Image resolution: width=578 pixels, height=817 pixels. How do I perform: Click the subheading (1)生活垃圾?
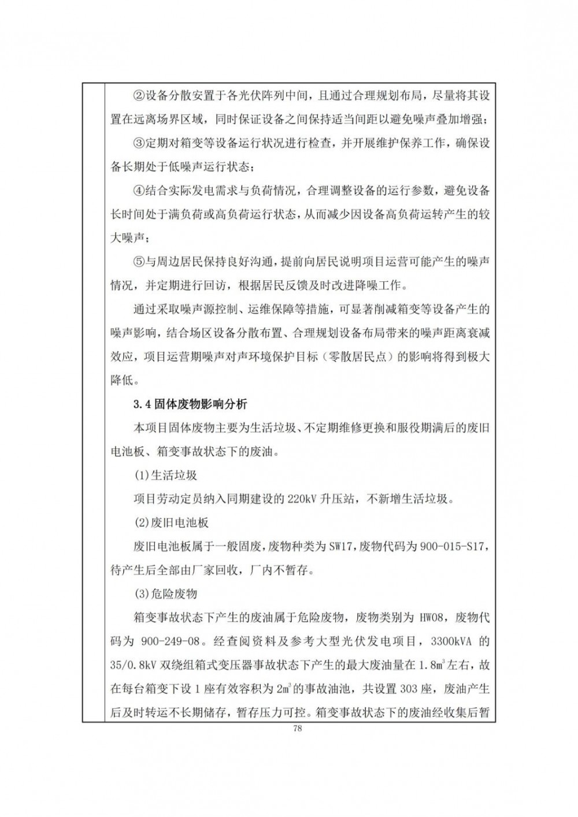[165, 476]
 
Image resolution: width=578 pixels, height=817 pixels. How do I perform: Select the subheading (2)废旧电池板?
[171, 523]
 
